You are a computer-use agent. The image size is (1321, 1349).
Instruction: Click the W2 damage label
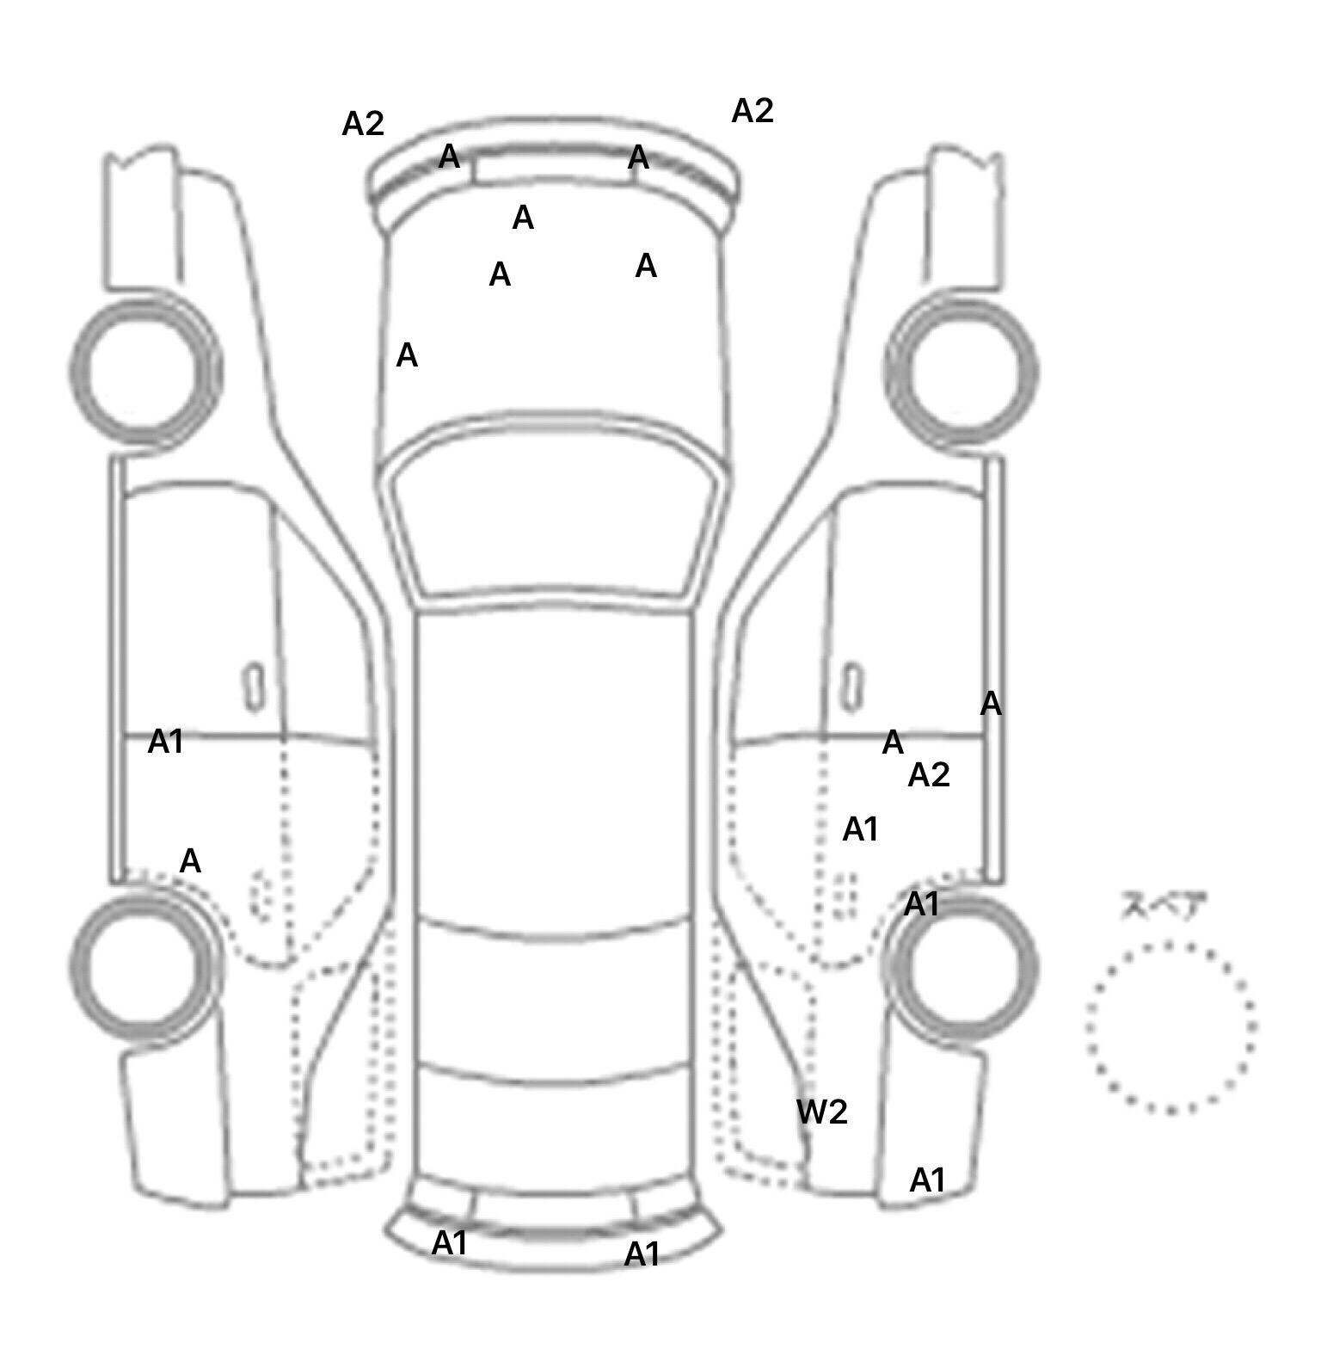[821, 1112]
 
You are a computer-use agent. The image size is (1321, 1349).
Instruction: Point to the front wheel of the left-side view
[144, 371]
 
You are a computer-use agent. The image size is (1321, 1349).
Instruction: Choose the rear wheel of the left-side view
[144, 964]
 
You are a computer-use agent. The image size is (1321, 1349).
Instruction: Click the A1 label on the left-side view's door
[165, 742]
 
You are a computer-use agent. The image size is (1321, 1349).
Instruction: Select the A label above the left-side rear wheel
[190, 860]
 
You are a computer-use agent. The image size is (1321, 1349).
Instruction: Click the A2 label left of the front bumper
[363, 125]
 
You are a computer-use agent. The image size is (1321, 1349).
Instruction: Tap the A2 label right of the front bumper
[753, 111]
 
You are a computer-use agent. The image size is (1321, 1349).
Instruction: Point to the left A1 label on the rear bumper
[450, 1242]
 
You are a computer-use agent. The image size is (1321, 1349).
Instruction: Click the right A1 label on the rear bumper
[642, 1254]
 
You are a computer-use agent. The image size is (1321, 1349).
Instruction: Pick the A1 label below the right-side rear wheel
[927, 1180]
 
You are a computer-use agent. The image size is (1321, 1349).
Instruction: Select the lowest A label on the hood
[407, 355]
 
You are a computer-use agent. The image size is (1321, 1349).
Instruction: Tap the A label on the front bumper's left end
[449, 157]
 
